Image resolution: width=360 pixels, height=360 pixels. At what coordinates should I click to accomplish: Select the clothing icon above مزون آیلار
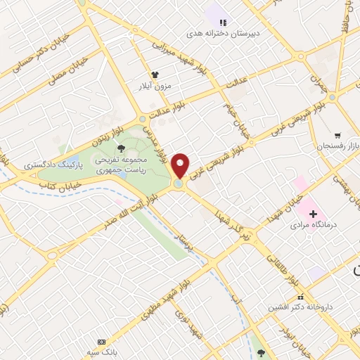(x=155, y=74)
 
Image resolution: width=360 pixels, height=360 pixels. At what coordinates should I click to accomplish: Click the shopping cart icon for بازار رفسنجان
(x=338, y=134)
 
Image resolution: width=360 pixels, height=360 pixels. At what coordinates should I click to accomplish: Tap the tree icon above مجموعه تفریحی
(x=122, y=148)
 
